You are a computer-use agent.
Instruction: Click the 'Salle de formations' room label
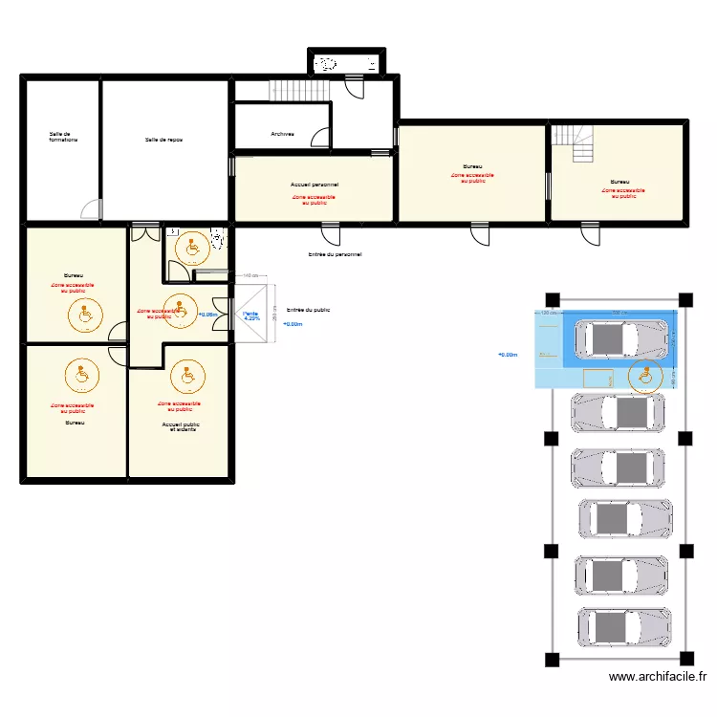tap(63, 138)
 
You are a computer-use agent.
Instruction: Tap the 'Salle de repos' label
tap(163, 140)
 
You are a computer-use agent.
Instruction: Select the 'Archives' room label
tap(282, 134)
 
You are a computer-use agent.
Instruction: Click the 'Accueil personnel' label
tap(315, 184)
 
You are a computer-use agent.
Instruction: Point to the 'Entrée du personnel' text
tap(335, 255)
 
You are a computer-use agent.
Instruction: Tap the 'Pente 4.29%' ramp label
tap(251, 316)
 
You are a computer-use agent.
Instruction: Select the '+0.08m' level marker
tap(207, 314)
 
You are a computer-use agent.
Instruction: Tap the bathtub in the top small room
tap(345, 64)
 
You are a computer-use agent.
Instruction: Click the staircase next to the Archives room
tap(299, 91)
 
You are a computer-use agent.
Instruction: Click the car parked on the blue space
tap(619, 337)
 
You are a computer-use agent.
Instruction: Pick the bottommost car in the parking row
tap(622, 627)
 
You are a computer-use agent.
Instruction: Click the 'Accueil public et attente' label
tap(179, 426)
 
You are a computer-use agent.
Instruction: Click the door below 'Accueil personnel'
tap(330, 232)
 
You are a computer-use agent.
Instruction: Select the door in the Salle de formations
tap(91, 210)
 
